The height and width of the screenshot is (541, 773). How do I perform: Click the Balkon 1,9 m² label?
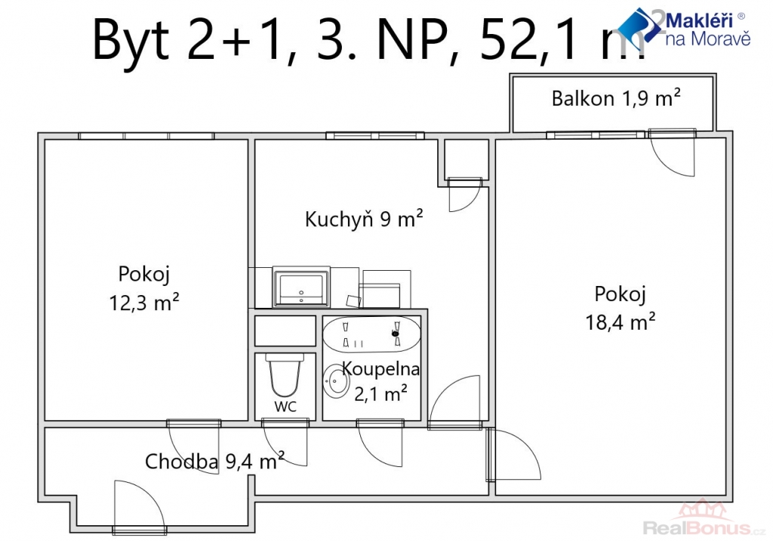click(x=616, y=99)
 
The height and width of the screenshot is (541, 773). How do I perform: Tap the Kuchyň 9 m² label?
click(x=364, y=219)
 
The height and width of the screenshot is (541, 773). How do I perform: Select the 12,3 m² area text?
click(x=144, y=303)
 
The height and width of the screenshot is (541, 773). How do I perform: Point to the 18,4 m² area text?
click(x=621, y=322)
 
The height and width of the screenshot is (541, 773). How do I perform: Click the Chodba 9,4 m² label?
click(x=214, y=461)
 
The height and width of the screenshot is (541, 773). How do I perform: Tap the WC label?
click(x=285, y=407)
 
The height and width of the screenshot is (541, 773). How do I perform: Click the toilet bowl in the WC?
click(x=284, y=374)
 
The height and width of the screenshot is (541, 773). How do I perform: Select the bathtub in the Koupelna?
click(x=371, y=334)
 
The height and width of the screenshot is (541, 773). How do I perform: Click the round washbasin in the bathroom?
click(x=336, y=381)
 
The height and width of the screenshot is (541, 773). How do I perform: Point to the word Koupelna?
click(x=380, y=368)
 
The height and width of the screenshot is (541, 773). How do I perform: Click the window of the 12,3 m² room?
click(x=146, y=136)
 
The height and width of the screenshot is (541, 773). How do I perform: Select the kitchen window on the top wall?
click(x=375, y=136)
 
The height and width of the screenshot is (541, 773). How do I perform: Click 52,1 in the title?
click(x=531, y=40)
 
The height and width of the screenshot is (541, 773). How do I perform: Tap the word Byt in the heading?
click(x=131, y=41)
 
